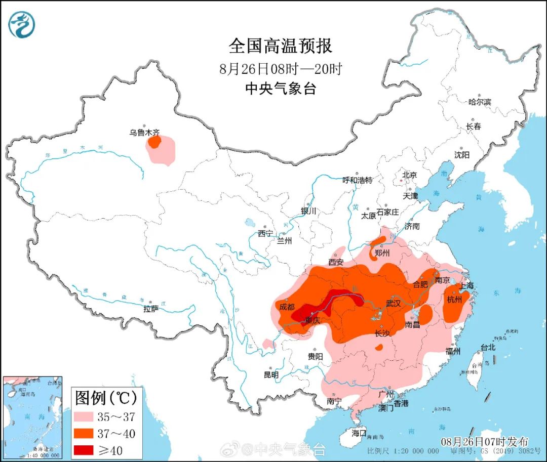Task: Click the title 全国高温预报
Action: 281,46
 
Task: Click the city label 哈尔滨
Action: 479,102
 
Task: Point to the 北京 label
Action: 409,175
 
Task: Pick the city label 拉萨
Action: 151,308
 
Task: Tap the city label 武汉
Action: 393,303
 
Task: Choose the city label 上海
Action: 466,286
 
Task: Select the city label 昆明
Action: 271,375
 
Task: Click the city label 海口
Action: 359,433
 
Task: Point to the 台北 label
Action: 487,348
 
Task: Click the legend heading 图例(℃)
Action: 106,398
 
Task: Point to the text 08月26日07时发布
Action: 484,441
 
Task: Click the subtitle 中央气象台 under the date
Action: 281,89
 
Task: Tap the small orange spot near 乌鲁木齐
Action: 154,142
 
